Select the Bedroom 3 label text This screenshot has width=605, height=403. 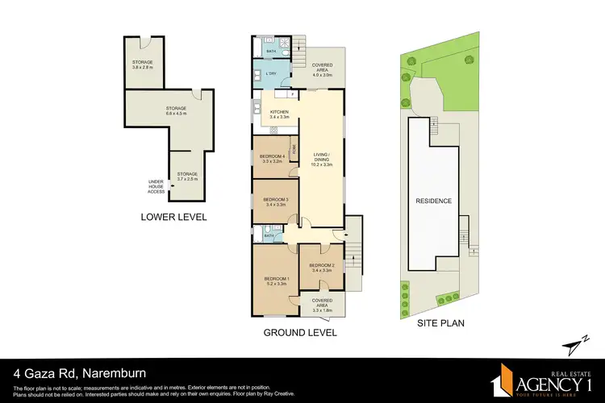coord(275,201)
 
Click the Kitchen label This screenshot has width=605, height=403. coord(280,114)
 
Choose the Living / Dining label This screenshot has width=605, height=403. coord(323,160)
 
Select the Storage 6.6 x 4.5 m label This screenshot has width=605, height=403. coord(176,110)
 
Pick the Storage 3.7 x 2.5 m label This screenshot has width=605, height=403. coord(188,177)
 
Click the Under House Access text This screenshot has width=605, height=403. coord(156,186)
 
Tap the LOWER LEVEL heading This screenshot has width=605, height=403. coord(173,217)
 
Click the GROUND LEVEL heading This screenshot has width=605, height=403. coord(299,332)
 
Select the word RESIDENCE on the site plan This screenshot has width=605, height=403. coord(433,201)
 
